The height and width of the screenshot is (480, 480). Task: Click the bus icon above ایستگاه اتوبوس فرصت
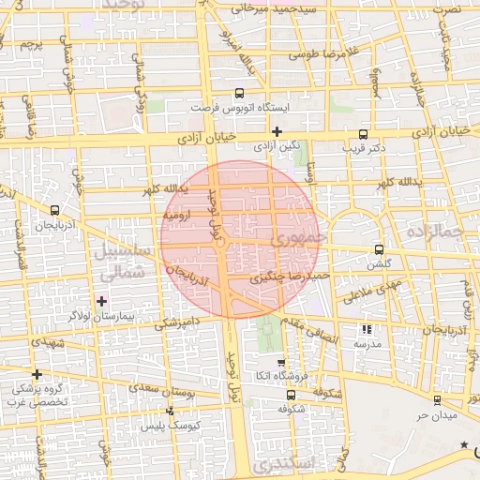tap(239, 94)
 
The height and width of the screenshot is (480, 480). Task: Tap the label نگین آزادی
tap(277, 146)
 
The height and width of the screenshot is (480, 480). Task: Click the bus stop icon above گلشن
tap(379, 249)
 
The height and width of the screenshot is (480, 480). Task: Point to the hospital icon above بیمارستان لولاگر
tap(102, 302)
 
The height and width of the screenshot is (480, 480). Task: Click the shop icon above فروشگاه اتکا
tap(280, 362)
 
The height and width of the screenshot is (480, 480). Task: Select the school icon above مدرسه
tap(367, 330)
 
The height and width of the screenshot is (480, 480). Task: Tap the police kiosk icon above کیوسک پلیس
tap(170, 411)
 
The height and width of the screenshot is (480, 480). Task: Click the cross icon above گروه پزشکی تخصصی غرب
tap(37, 373)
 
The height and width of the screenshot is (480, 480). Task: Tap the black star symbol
tap(464, 444)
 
